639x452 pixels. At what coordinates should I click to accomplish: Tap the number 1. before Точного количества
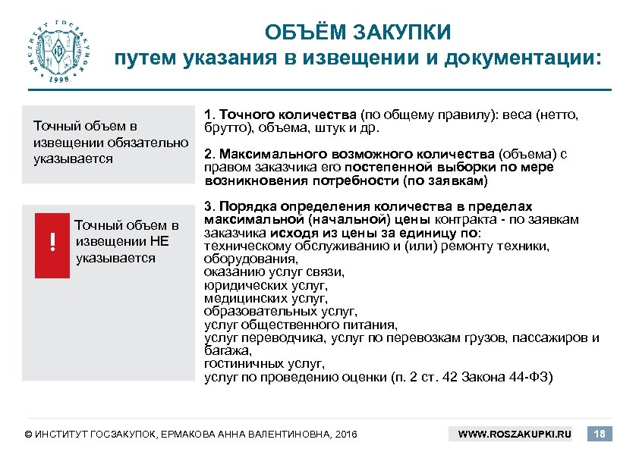[211, 115]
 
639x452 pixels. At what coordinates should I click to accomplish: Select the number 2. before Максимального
[211, 154]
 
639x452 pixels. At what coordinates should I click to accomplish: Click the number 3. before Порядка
[211, 206]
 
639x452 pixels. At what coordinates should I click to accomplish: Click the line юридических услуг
[266, 285]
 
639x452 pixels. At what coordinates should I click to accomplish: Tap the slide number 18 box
[601, 434]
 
